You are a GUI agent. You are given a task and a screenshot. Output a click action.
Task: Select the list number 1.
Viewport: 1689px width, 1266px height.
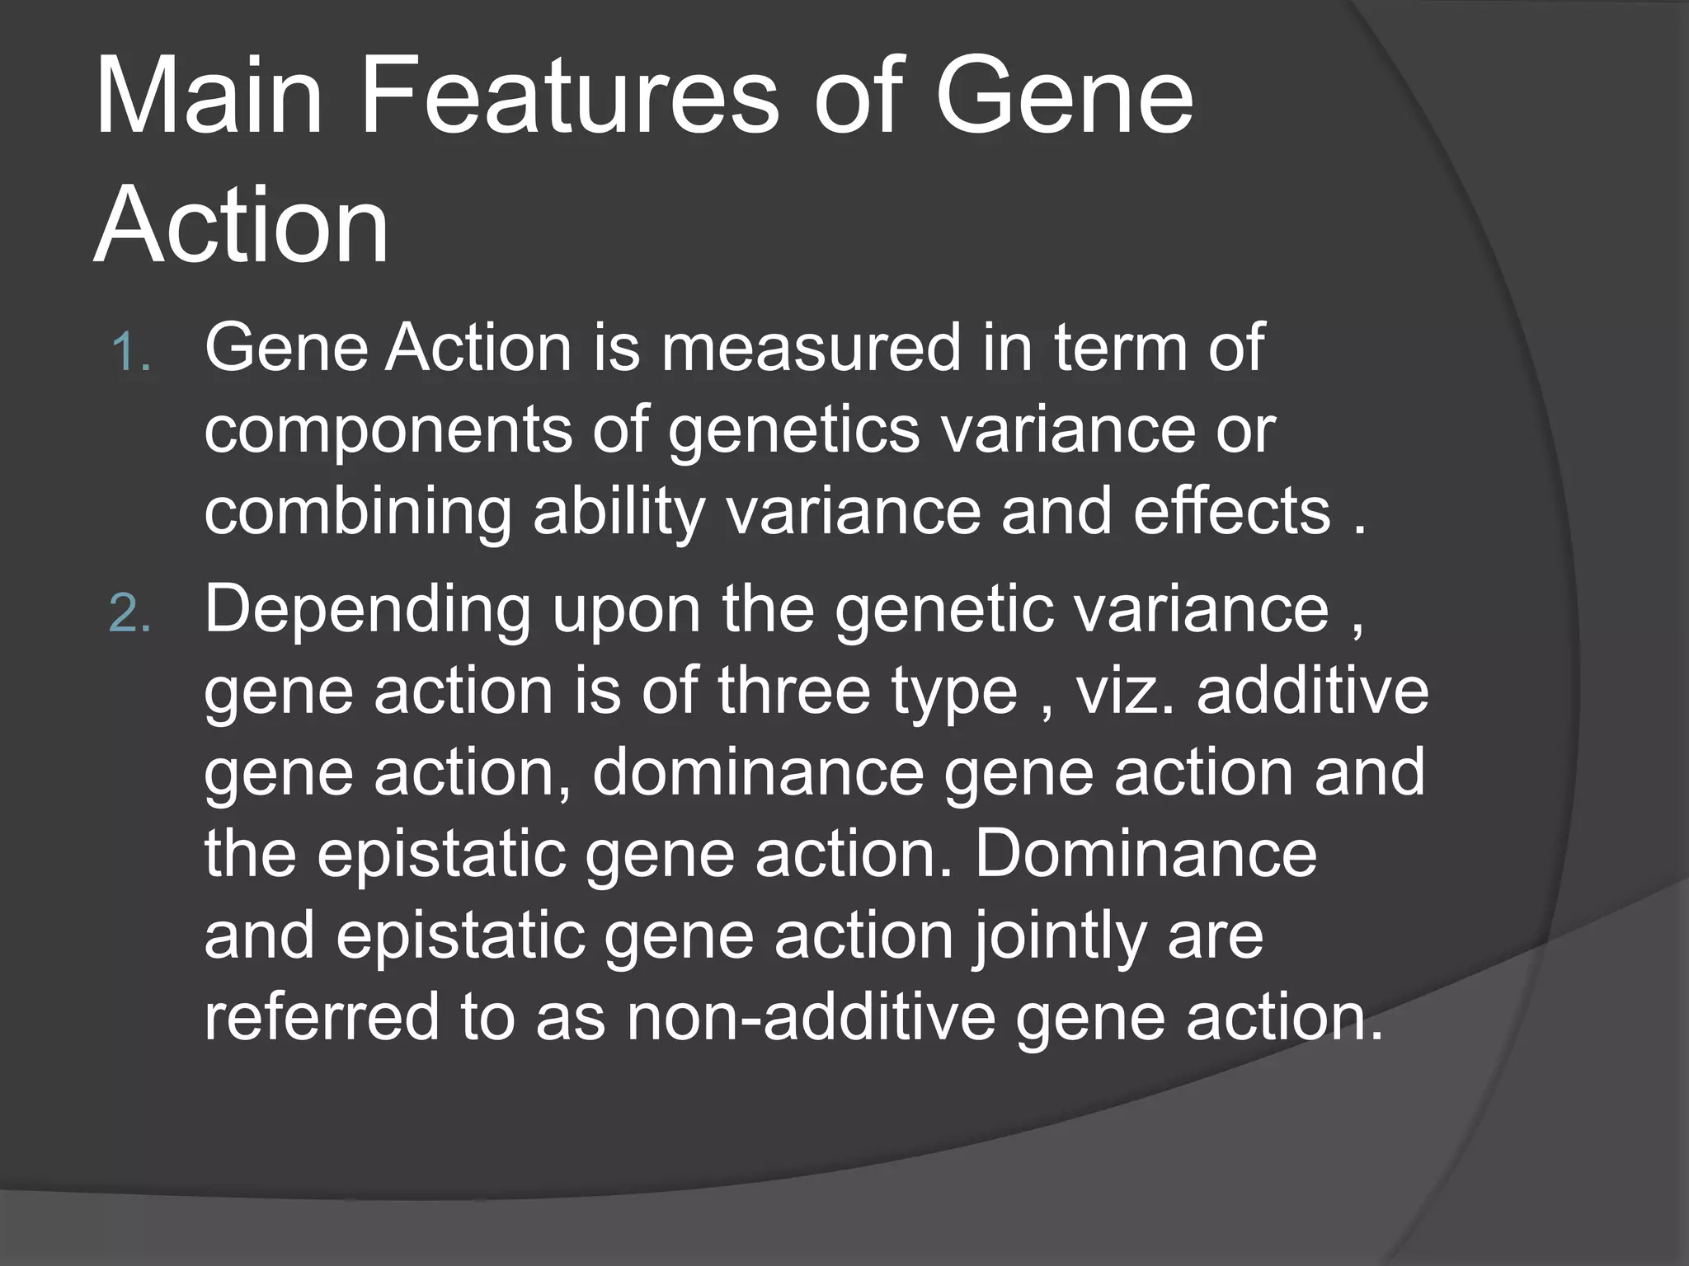click(130, 353)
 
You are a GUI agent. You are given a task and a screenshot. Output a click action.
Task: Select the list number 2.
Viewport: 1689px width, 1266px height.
click(130, 614)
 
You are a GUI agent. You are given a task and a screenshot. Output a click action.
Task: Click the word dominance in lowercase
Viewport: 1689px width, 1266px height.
click(758, 772)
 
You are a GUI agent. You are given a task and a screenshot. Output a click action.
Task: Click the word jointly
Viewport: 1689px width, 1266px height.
click(1060, 938)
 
